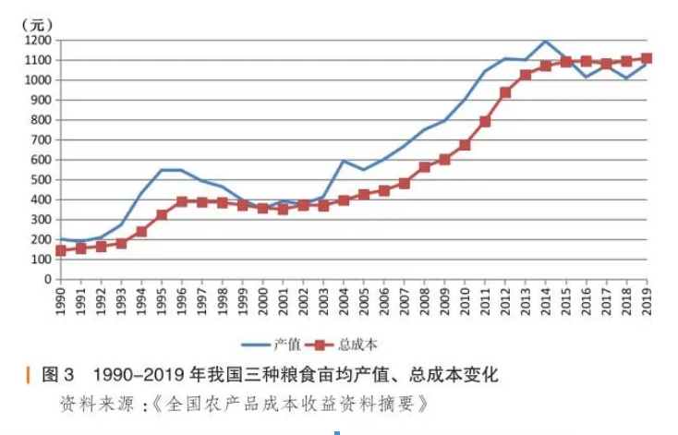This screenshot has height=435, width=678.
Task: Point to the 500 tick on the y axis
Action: click(x=42, y=180)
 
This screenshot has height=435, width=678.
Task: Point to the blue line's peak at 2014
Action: click(x=546, y=41)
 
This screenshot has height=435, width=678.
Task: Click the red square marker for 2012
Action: click(x=505, y=92)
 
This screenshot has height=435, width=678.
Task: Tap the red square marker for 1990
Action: click(x=61, y=250)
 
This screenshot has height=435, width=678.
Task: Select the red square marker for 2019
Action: click(x=647, y=58)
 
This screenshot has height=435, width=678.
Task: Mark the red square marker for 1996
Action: click(x=182, y=201)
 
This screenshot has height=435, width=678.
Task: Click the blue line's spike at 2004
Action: click(x=344, y=161)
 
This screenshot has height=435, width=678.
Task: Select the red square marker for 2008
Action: click(x=425, y=167)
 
